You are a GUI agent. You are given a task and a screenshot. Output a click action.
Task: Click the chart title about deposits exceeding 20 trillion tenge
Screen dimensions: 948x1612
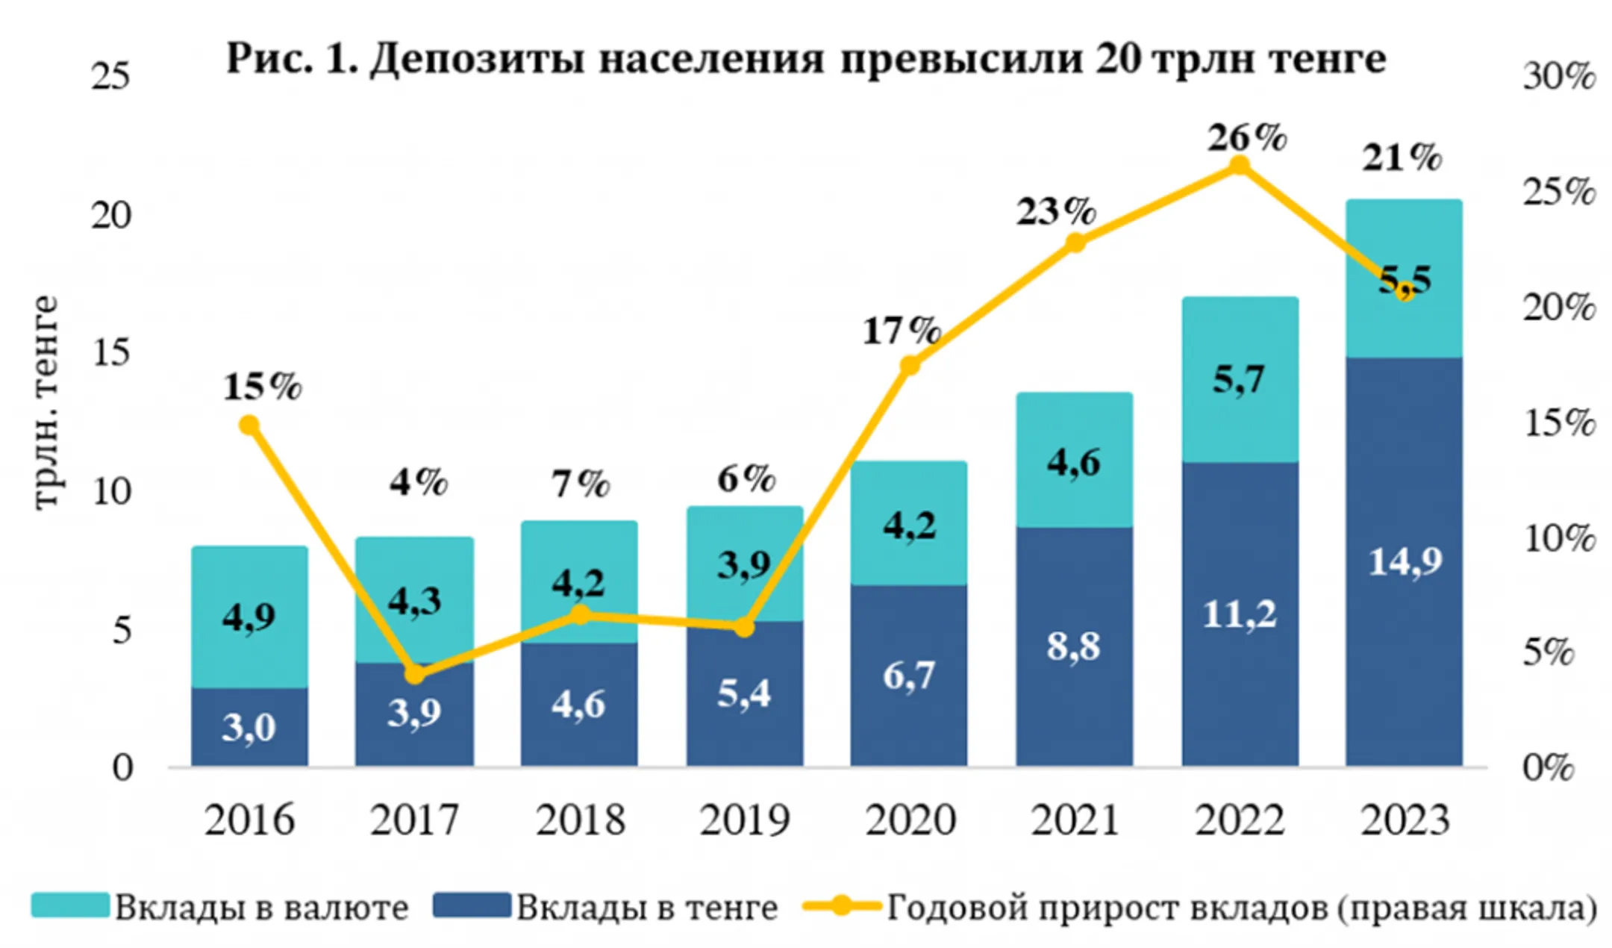tap(806, 58)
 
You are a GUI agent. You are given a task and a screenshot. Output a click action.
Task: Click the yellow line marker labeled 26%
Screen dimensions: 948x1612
tap(1239, 165)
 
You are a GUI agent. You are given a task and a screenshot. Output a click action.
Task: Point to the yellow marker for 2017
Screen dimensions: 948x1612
tap(415, 673)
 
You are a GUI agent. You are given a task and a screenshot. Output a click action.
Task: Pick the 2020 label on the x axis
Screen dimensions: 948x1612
tap(910, 820)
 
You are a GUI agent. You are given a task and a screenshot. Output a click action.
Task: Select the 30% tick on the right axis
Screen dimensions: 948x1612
tap(1558, 77)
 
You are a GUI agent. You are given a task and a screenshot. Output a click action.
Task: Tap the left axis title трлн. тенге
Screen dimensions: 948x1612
tap(46, 403)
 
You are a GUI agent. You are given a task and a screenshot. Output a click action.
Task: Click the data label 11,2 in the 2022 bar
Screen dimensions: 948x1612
tap(1240, 614)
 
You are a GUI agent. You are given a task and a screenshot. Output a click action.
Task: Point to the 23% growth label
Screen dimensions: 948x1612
tap(1055, 212)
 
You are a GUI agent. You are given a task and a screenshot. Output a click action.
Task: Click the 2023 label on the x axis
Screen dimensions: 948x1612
tap(1405, 820)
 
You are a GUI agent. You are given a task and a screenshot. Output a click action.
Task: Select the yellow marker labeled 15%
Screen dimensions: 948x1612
tap(249, 425)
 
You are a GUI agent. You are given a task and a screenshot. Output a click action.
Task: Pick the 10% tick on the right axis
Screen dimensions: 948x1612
tap(1558, 538)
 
